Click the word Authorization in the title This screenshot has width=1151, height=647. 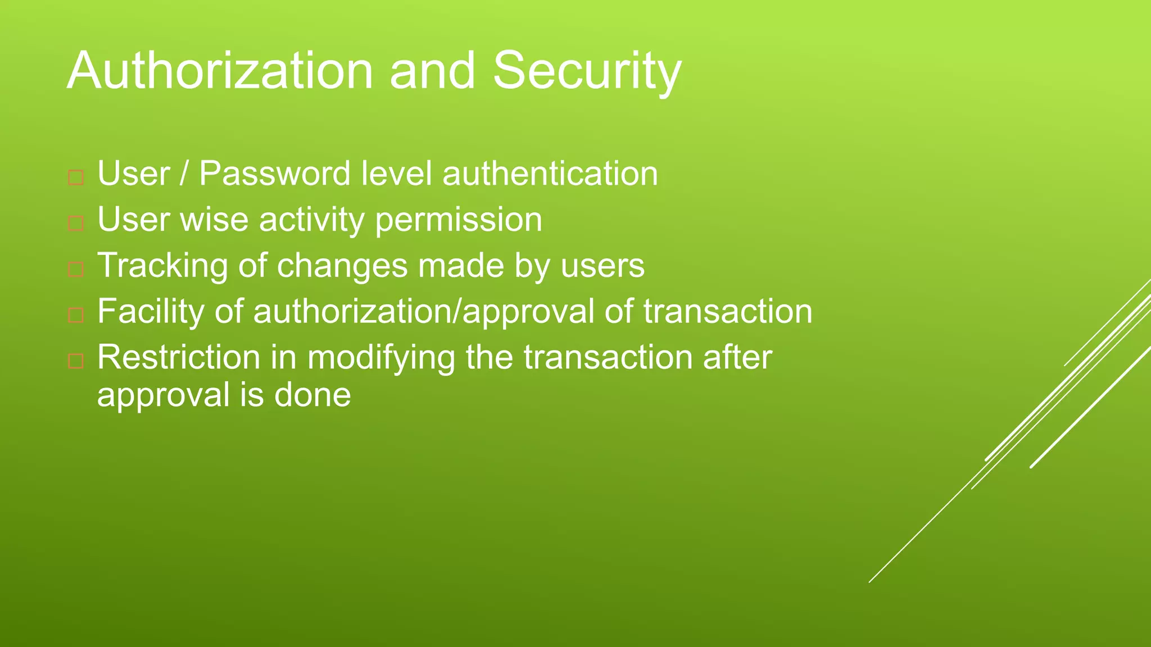click(220, 71)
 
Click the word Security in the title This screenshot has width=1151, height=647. click(587, 71)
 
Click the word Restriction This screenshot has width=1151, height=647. click(179, 357)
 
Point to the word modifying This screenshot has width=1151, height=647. click(380, 357)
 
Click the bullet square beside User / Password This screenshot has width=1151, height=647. click(76, 178)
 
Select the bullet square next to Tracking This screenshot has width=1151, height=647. click(76, 270)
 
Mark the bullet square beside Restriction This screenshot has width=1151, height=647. click(76, 361)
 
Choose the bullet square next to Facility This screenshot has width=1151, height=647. click(76, 316)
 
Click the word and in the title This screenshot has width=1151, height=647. click(432, 71)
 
